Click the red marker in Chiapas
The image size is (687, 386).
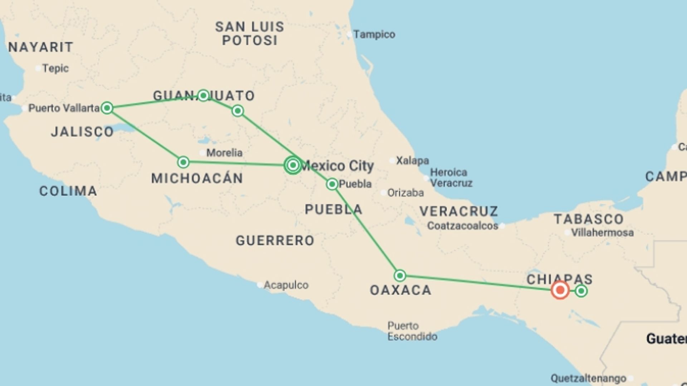pyautogui.click(x=560, y=290)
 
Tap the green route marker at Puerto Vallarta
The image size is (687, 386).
pyautogui.click(x=107, y=108)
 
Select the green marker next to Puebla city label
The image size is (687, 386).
pyautogui.click(x=332, y=184)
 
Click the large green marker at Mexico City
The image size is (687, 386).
pyautogui.click(x=293, y=165)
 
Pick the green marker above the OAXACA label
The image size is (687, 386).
pyautogui.click(x=400, y=276)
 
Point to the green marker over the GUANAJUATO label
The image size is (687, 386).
pyautogui.click(x=203, y=95)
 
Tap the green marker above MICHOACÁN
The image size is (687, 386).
pyautogui.click(x=183, y=162)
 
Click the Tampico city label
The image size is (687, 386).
pyautogui.click(x=374, y=35)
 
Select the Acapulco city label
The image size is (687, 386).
pyautogui.click(x=286, y=285)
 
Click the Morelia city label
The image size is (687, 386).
pyautogui.click(x=224, y=153)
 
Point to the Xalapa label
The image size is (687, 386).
pyautogui.click(x=412, y=161)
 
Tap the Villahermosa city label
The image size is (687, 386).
pyautogui.click(x=602, y=233)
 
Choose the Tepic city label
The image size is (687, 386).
pyautogui.click(x=55, y=68)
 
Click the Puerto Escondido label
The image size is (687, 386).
pyautogui.click(x=412, y=331)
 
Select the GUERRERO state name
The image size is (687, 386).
pyautogui.click(x=275, y=241)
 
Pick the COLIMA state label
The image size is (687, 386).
pyautogui.click(x=68, y=191)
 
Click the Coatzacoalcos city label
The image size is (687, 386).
pyautogui.click(x=463, y=226)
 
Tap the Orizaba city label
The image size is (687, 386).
pyautogui.click(x=405, y=193)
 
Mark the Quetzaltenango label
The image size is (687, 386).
pyautogui.click(x=588, y=378)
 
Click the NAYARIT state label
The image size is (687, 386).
pyautogui.click(x=41, y=47)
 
